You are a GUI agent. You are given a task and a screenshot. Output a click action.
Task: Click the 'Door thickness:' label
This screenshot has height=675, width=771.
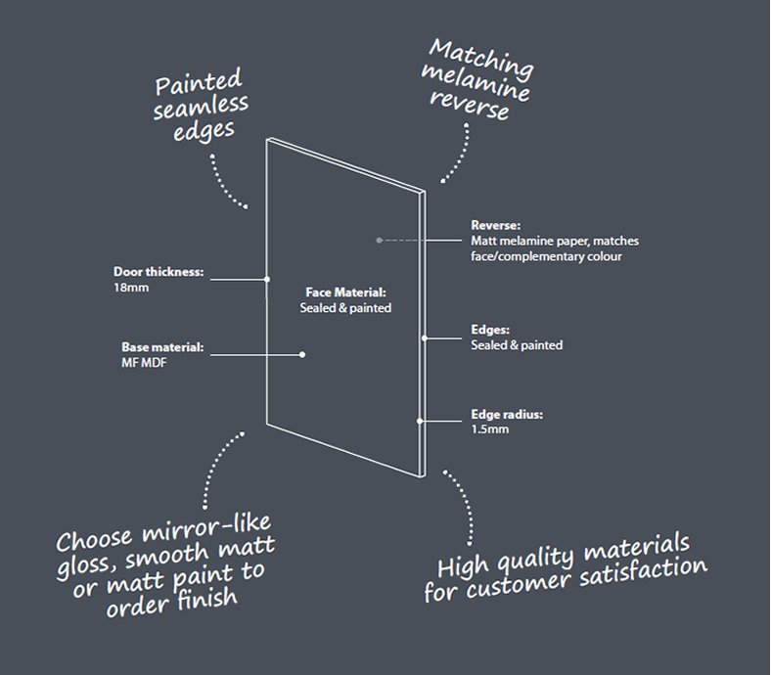pos(159,272)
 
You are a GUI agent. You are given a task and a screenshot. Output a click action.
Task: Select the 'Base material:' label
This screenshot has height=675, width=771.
pos(163,347)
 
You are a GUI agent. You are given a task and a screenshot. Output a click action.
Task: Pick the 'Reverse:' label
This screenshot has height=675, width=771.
pos(495,225)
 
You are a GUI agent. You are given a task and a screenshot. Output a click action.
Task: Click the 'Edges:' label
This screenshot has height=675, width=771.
pos(490,330)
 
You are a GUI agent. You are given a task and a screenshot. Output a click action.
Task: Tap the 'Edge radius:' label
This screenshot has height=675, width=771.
pos(507,414)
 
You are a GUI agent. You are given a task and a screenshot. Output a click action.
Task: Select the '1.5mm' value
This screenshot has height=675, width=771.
pos(489,429)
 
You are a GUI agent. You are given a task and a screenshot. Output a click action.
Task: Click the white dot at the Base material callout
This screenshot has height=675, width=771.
pos(302,354)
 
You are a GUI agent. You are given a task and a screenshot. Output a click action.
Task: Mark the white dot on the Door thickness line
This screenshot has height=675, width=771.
pos(267,279)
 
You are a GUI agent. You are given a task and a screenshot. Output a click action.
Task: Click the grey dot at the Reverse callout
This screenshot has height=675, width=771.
pos(379,239)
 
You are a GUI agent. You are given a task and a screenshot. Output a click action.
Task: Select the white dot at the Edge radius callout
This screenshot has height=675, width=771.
pos(419,421)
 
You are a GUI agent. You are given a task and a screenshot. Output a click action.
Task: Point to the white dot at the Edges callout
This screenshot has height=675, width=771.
pos(425,338)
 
